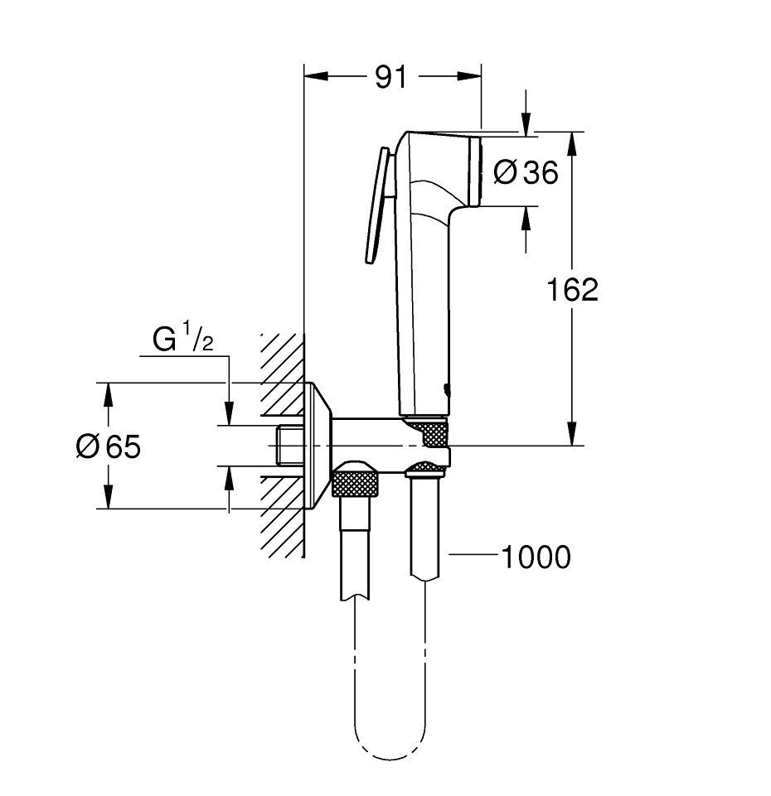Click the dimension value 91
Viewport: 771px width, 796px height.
pos(391,76)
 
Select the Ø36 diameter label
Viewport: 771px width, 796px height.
pos(525,171)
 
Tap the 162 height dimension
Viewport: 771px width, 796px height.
pos(572,289)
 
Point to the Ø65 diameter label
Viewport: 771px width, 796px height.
pos(108,446)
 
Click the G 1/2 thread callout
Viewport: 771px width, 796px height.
pos(182,340)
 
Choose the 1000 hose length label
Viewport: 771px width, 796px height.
pos(536,557)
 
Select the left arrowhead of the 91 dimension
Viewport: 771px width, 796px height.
pos(313,76)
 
